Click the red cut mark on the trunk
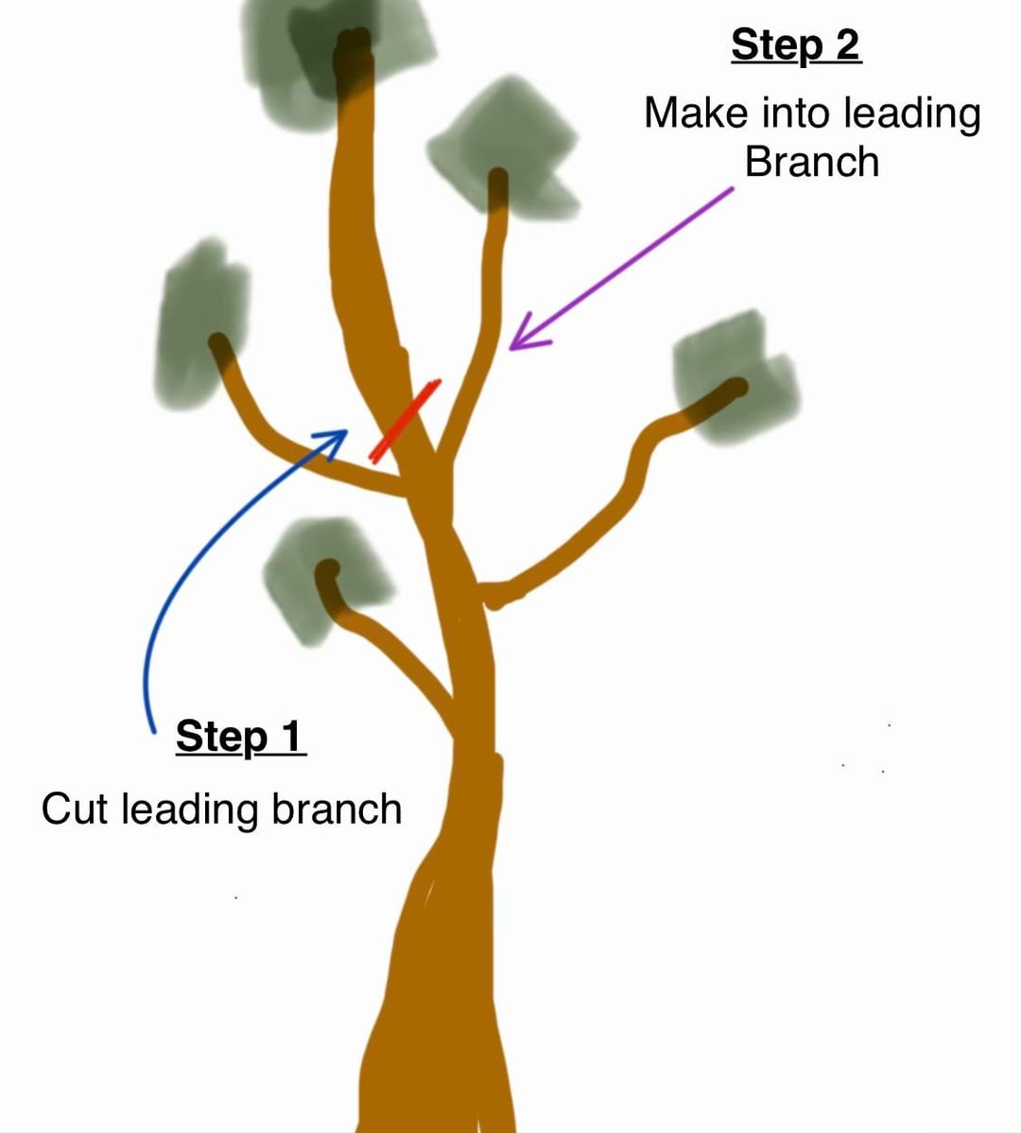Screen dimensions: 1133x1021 (x=405, y=421)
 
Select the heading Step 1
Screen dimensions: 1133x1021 (x=240, y=736)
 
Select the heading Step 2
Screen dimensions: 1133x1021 (x=795, y=44)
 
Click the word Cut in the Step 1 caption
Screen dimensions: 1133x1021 (x=75, y=810)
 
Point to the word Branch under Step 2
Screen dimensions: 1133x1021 (x=811, y=162)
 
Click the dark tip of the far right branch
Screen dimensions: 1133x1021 (x=734, y=388)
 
